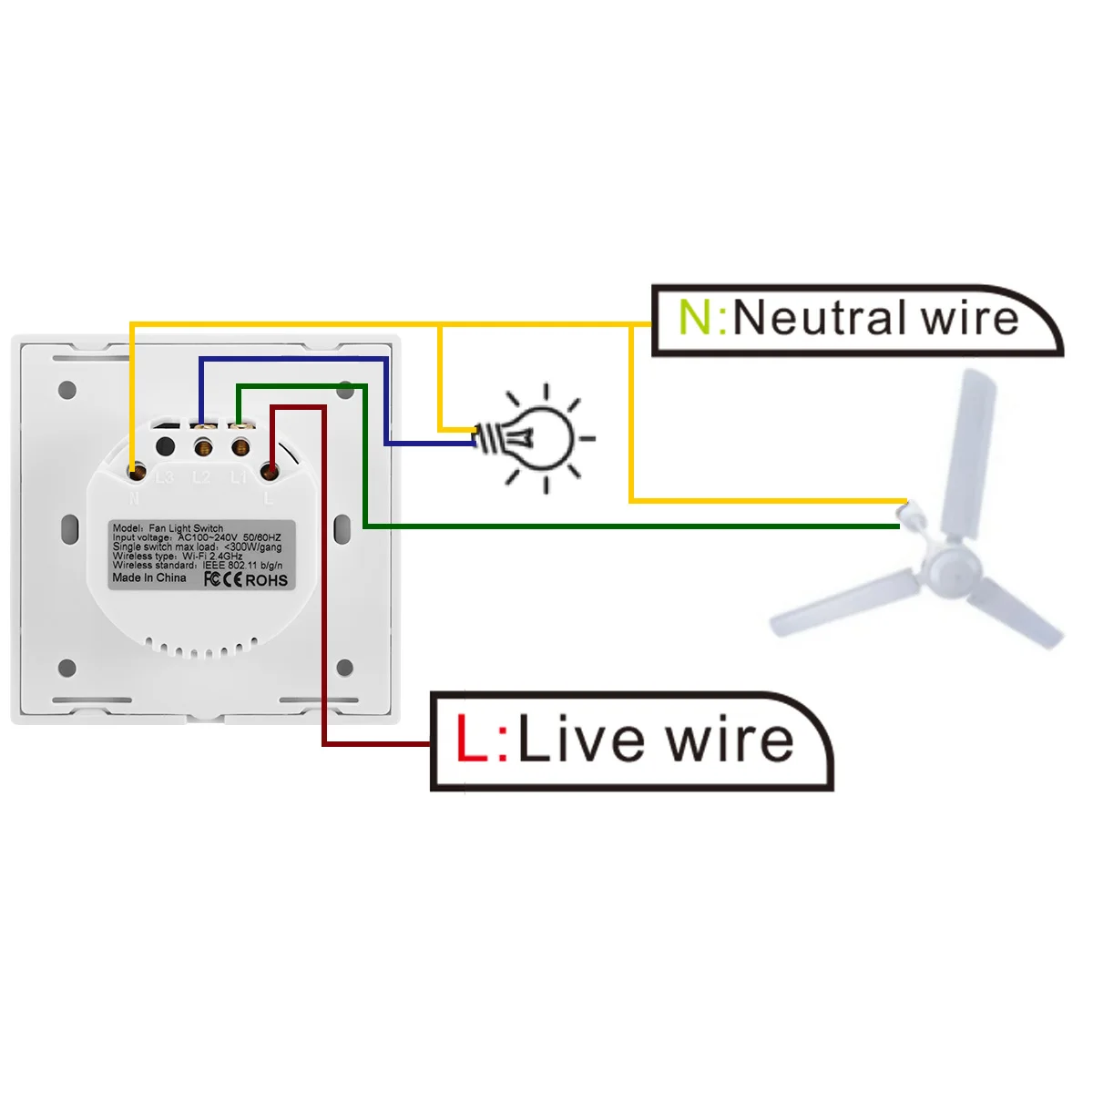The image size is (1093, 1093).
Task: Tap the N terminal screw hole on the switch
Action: [137, 472]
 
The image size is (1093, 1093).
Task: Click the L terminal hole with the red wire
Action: [270, 471]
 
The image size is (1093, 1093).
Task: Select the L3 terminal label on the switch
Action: [165, 477]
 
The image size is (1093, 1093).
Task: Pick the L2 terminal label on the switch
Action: [202, 477]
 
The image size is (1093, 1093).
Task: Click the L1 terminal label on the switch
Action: [239, 477]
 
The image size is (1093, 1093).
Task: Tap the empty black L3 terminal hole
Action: [166, 446]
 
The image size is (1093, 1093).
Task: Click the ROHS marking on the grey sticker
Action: [267, 580]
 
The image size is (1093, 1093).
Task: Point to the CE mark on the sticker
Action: [233, 580]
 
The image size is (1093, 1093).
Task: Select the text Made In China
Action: [148, 577]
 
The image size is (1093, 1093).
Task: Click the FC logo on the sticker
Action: [211, 579]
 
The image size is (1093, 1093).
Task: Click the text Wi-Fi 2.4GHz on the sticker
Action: [212, 556]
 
